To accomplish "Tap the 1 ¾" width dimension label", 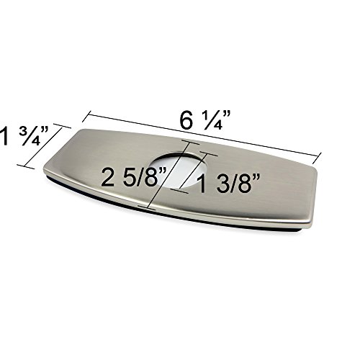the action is (24, 136).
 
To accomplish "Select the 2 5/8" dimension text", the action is (134, 177).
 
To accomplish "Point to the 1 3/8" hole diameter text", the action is (228, 184).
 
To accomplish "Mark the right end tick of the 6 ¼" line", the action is (318, 158).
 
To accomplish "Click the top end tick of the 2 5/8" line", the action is (191, 142).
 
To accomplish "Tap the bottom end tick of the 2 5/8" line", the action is (147, 208).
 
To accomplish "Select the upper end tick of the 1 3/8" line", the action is (209, 154).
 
